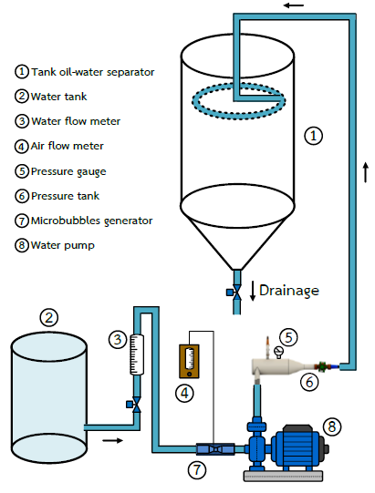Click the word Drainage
pyautogui.click(x=288, y=291)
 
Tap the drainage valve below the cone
pyautogui.click(x=234, y=293)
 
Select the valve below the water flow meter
pyautogui.click(x=134, y=405)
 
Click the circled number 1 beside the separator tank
pyautogui.click(x=313, y=136)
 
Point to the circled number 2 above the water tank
pyautogui.click(x=48, y=317)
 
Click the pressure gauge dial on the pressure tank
pyautogui.click(x=279, y=351)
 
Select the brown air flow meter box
pyautogui.click(x=189, y=361)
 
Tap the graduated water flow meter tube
pyautogui.click(x=137, y=354)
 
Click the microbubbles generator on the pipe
pyautogui.click(x=215, y=449)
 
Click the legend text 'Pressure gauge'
pyautogui.click(x=68, y=171)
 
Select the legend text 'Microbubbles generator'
pyautogui.click(x=91, y=221)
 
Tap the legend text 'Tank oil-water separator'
pyautogui.click(x=93, y=72)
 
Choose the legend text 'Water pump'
pyautogui.click(x=63, y=245)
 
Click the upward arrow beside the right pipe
pyautogui.click(x=366, y=172)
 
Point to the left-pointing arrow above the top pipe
pyautogui.click(x=294, y=5)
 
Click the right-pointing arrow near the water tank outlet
pyautogui.click(x=113, y=440)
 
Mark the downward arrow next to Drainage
pyautogui.click(x=253, y=291)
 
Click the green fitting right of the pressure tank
pyautogui.click(x=322, y=366)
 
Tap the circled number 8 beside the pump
pyautogui.click(x=332, y=426)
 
